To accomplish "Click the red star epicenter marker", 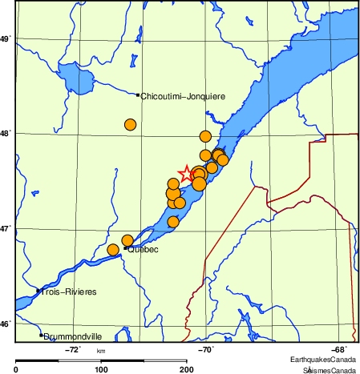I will [186, 173].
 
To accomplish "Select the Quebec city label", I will [143, 250].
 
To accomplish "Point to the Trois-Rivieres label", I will [69, 292].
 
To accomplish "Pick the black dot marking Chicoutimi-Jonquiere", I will [138, 95].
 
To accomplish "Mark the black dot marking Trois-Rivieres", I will [38, 291].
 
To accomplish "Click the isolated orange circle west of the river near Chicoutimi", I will [131, 124].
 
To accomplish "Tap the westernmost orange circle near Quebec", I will [113, 250].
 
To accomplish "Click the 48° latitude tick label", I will [5, 133].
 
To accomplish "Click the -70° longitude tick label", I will [205, 349].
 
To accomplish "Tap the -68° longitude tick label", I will [339, 349].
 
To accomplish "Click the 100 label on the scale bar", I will [101, 369].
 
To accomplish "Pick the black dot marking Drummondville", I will [41, 335].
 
